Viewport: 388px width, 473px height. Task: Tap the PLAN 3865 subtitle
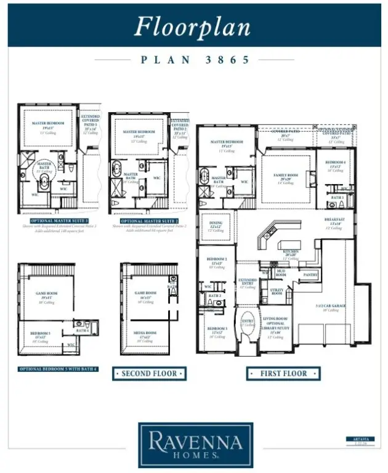(x=195, y=60)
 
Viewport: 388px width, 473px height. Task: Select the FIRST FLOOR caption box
(x=283, y=373)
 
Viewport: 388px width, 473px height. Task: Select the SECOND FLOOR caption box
(x=149, y=374)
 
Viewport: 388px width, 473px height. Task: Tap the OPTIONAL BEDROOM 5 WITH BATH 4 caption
(x=59, y=369)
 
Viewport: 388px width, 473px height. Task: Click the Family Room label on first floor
(x=285, y=177)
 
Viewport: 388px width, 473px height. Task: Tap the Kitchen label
(x=290, y=253)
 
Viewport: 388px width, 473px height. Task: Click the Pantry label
(x=309, y=275)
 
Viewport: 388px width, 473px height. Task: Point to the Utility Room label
(x=277, y=292)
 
